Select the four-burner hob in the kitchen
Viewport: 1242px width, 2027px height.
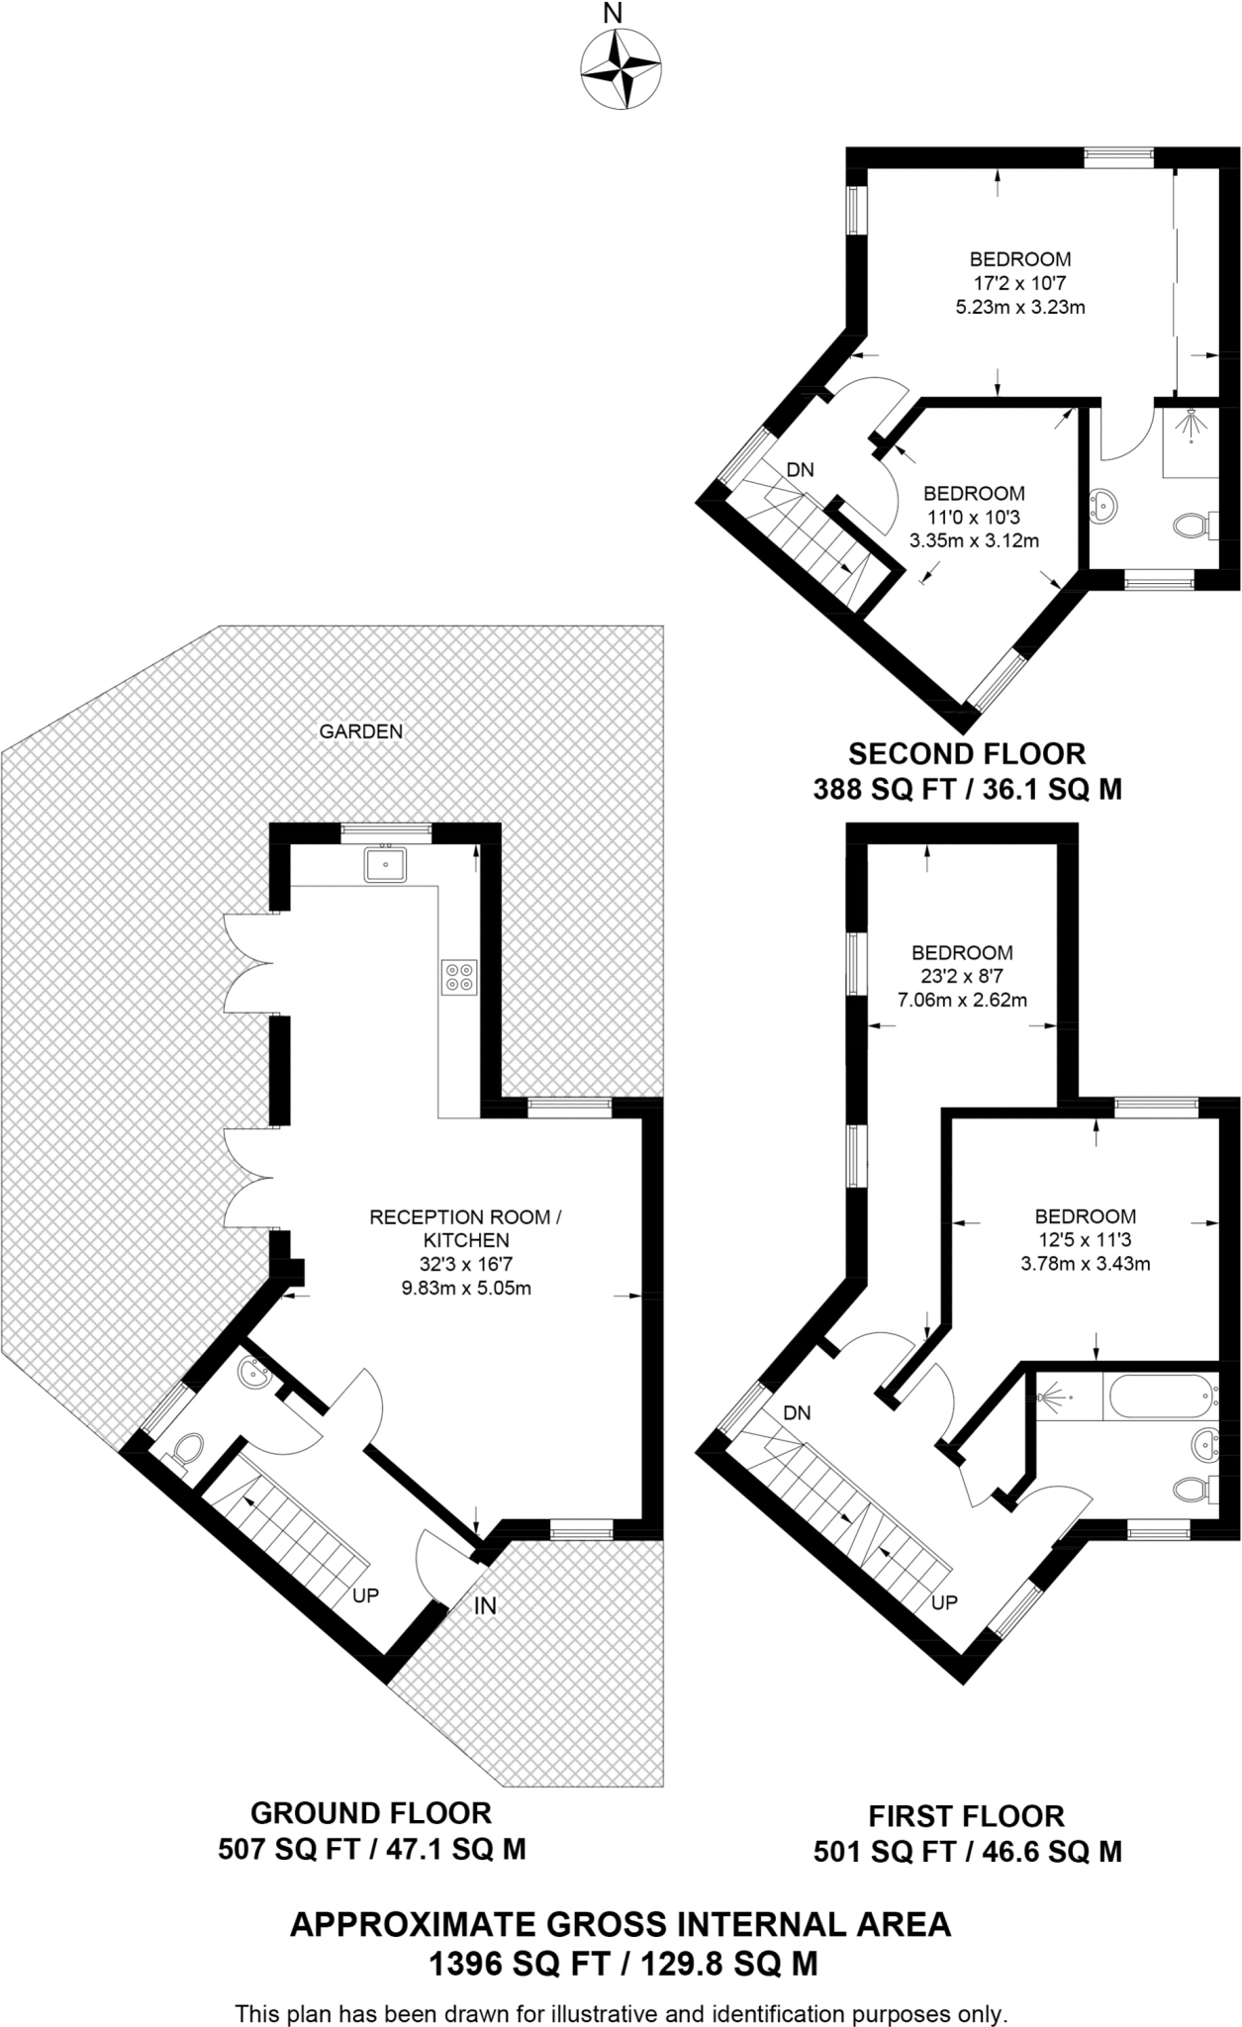tap(459, 976)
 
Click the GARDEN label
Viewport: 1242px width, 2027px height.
tap(361, 731)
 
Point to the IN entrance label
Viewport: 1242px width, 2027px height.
tap(485, 1606)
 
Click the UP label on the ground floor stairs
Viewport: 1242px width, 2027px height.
tap(366, 1595)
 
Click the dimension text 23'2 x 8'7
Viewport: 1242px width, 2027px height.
tap(962, 976)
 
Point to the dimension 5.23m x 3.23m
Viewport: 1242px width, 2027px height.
tap(1019, 307)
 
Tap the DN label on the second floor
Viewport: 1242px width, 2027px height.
tap(800, 470)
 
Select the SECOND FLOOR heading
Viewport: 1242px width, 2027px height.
tap(967, 754)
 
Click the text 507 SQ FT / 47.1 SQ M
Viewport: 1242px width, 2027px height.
tap(371, 1849)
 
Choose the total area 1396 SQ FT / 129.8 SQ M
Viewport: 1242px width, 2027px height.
tap(622, 1962)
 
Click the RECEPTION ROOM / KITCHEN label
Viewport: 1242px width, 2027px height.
tap(465, 1228)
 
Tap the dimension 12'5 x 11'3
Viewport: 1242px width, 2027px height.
tap(1085, 1239)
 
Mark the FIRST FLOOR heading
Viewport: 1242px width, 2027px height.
tap(966, 1816)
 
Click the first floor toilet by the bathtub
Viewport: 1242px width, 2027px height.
tap(1191, 1488)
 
